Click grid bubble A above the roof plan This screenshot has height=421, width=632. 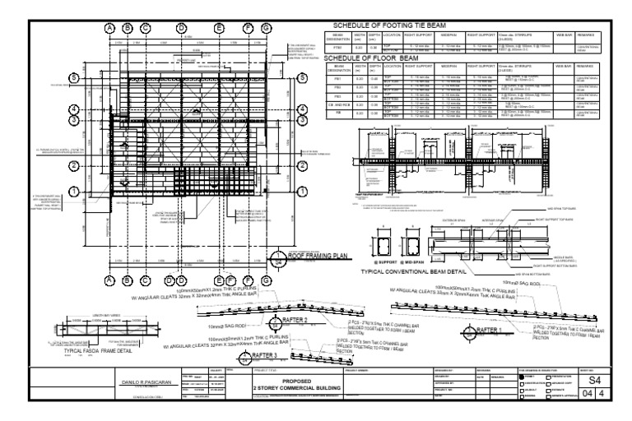click(109, 28)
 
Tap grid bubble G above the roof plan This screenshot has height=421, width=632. click(266, 28)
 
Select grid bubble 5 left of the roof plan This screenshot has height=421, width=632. click(73, 77)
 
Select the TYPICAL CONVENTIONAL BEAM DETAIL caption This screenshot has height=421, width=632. click(421, 270)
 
